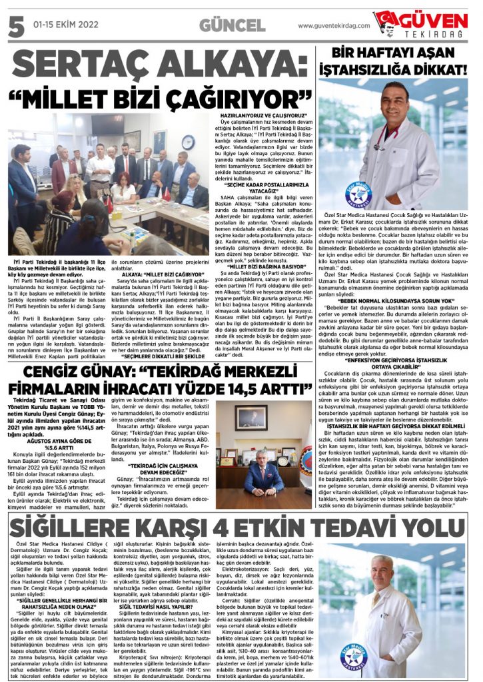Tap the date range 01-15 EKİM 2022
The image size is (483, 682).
click(x=61, y=25)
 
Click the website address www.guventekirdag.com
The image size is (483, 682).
click(x=332, y=25)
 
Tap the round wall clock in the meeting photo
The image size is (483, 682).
click(x=189, y=143)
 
